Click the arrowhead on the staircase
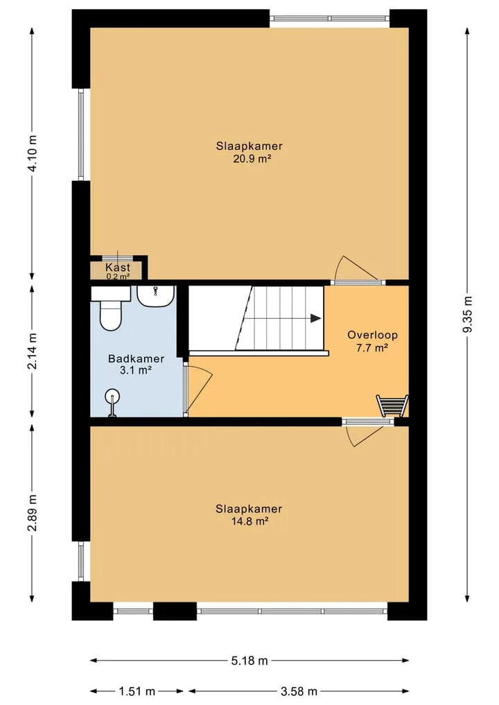[316, 318]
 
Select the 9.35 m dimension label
[468, 314]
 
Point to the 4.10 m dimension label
[33, 153]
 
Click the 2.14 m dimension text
[33, 351]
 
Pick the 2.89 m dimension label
[33, 512]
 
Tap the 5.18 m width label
[249, 661]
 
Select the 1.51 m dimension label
[137, 691]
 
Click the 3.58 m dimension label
[299, 691]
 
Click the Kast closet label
[118, 267]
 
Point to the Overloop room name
[373, 335]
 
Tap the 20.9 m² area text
[252, 158]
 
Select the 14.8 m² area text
[249, 521]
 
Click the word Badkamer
[137, 359]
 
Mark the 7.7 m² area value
[373, 347]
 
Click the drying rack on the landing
[392, 406]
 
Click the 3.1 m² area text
[135, 371]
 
